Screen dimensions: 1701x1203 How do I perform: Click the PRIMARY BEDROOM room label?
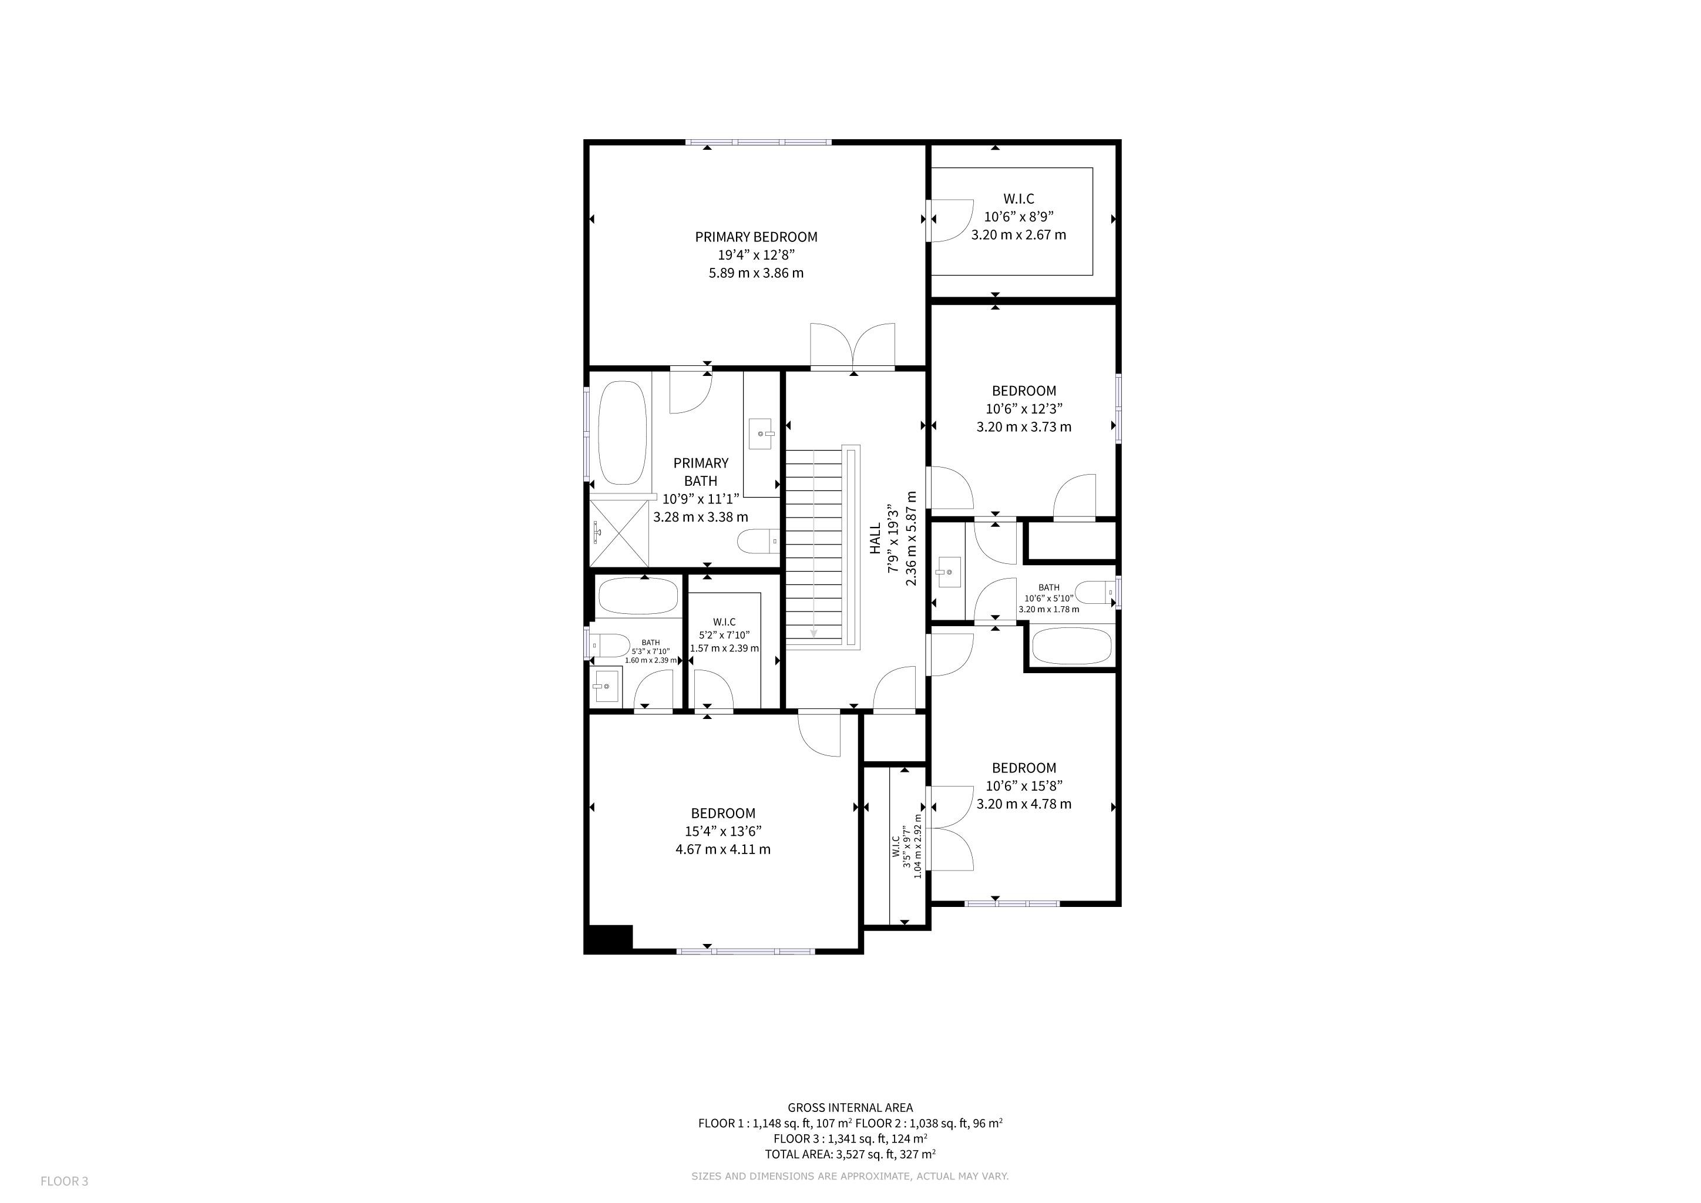click(756, 237)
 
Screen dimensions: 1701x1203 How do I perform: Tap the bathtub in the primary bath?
click(623, 434)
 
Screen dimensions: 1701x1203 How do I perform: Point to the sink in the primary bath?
click(761, 434)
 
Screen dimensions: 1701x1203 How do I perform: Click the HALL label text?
click(876, 539)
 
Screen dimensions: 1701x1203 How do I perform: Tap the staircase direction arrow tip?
click(813, 635)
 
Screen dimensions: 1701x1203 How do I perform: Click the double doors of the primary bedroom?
click(853, 346)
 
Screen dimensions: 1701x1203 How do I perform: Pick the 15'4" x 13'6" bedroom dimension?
click(723, 831)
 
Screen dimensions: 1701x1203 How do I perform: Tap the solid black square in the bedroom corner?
click(609, 939)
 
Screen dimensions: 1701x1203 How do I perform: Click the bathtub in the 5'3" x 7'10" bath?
click(637, 596)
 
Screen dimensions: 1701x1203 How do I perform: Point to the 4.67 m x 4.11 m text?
click(723, 849)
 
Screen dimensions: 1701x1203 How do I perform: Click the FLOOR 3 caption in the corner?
click(65, 1181)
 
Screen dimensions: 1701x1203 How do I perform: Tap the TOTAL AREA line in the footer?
click(850, 1154)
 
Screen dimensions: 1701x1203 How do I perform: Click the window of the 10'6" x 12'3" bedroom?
click(1119, 409)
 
